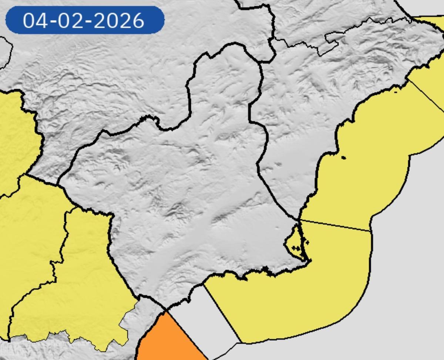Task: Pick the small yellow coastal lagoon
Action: [295, 240]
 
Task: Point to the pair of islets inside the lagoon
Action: [296, 248]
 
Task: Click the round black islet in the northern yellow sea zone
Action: [343, 158]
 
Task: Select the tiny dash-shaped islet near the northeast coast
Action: [396, 91]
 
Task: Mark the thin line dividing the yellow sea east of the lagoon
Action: [335, 225]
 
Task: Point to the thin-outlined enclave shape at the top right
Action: [331, 43]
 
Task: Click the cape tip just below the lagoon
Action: [309, 261]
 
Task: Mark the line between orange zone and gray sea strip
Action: [185, 334]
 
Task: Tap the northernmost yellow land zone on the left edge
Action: [17, 137]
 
